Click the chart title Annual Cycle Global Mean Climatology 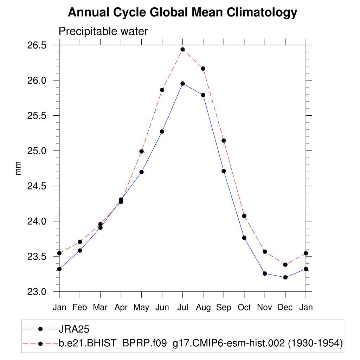pyautogui.click(x=182, y=13)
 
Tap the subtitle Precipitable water pyautogui.click(x=103, y=32)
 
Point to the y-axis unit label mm pyautogui.click(x=18, y=168)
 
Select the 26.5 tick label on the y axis pyautogui.click(x=37, y=45)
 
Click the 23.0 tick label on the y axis pyautogui.click(x=37, y=292)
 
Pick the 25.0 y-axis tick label pyautogui.click(x=37, y=151)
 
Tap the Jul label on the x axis pyautogui.click(x=182, y=307)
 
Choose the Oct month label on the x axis pyautogui.click(x=244, y=307)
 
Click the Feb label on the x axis pyautogui.click(x=80, y=307)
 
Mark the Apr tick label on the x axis pyautogui.click(x=121, y=307)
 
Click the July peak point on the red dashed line pyautogui.click(x=182, y=50)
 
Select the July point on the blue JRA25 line pyautogui.click(x=182, y=84)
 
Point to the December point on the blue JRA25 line pyautogui.click(x=285, y=277)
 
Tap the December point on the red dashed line pyautogui.click(x=285, y=265)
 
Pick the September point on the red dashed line pyautogui.click(x=224, y=141)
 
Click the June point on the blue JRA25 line pyautogui.click(x=162, y=131)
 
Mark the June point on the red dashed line pyautogui.click(x=162, y=90)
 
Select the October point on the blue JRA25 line pyautogui.click(x=244, y=238)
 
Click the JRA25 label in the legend pyautogui.click(x=74, y=329)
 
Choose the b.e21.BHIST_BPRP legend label pyautogui.click(x=200, y=343)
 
